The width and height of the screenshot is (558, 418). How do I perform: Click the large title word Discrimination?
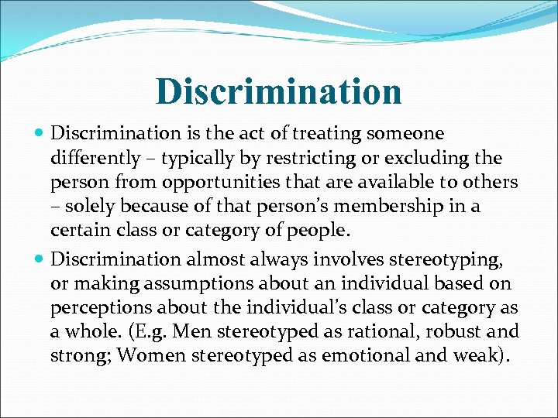point(279,91)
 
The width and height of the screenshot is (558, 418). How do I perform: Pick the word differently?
point(93,159)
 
